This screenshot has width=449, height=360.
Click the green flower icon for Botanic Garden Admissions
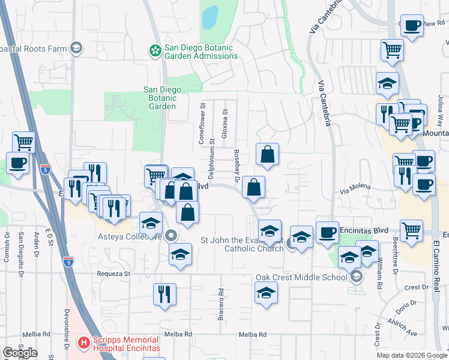click(155, 49)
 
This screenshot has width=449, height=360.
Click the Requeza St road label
click(113, 274)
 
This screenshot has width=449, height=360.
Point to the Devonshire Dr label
click(67, 328)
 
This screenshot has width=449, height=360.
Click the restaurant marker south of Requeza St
click(164, 295)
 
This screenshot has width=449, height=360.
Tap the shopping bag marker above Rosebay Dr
click(267, 154)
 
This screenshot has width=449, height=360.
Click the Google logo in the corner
click(20, 353)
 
